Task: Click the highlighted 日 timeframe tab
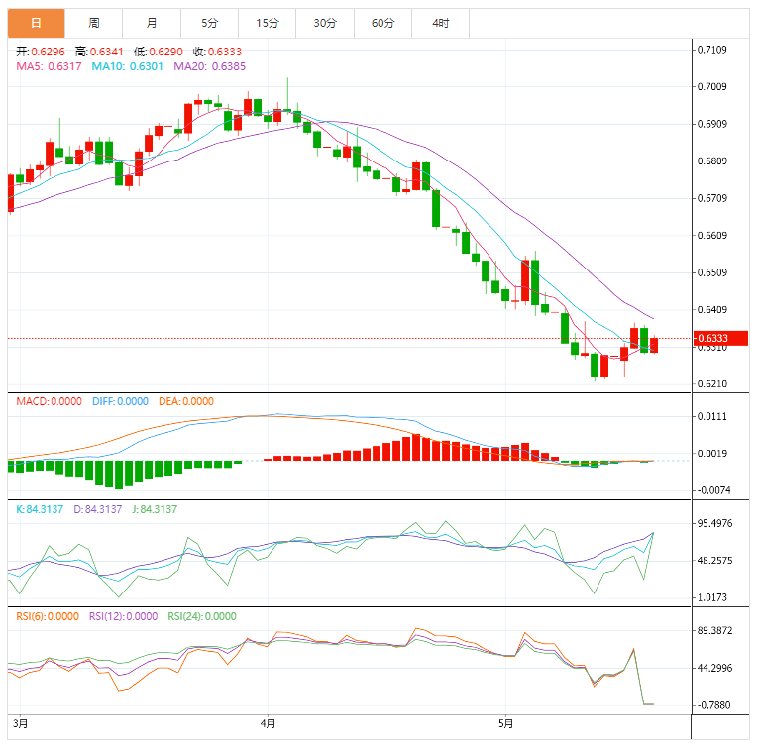pos(36,23)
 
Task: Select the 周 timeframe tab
pos(93,23)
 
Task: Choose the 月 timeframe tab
pos(151,23)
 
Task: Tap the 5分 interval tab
pos(209,23)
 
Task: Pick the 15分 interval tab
pos(267,23)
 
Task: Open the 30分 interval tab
pos(324,23)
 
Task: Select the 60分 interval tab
pos(382,23)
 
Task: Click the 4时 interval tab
pos(440,23)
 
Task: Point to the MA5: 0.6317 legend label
pos(49,66)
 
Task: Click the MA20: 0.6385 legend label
pos(210,66)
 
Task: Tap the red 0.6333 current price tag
pos(720,339)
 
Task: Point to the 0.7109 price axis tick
pos(712,50)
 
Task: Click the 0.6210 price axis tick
pos(712,384)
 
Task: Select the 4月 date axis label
pos(268,724)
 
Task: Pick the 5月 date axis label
pos(506,724)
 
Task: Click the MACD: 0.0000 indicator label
pos(50,401)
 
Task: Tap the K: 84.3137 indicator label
pos(41,508)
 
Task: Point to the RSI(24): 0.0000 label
pos(202,615)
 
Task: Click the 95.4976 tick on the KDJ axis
pos(715,523)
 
